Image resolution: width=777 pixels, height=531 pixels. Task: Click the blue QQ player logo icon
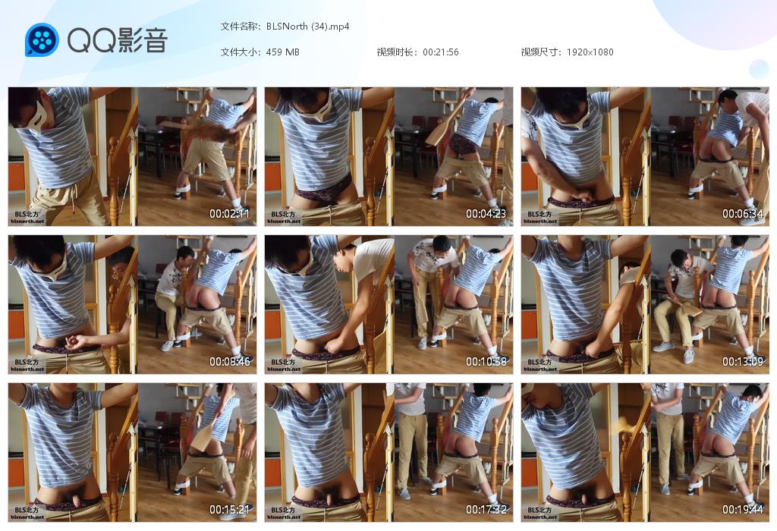click(42, 39)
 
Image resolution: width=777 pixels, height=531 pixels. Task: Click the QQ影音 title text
click(118, 40)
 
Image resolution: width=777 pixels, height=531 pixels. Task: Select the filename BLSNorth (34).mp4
click(308, 27)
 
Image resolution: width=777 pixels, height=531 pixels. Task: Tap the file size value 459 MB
click(282, 52)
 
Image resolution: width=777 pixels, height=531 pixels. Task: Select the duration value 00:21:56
click(441, 52)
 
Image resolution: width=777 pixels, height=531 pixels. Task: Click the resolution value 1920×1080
click(590, 52)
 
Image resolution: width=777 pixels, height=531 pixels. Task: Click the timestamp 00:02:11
click(229, 213)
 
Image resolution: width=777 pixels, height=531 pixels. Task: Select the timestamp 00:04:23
click(486, 213)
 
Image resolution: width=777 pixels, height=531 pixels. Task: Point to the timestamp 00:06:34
click(743, 213)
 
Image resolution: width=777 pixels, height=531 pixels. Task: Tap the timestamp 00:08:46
click(229, 362)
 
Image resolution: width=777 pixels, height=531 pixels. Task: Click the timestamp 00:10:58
click(486, 362)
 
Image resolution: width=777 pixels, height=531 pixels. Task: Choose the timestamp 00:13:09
click(743, 362)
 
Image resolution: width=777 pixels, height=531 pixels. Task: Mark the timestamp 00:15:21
click(229, 509)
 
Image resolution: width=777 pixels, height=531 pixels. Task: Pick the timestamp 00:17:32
click(486, 509)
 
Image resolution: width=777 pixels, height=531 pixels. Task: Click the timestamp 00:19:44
click(743, 509)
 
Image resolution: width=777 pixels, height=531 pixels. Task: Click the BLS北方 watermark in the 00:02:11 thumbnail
click(27, 215)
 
